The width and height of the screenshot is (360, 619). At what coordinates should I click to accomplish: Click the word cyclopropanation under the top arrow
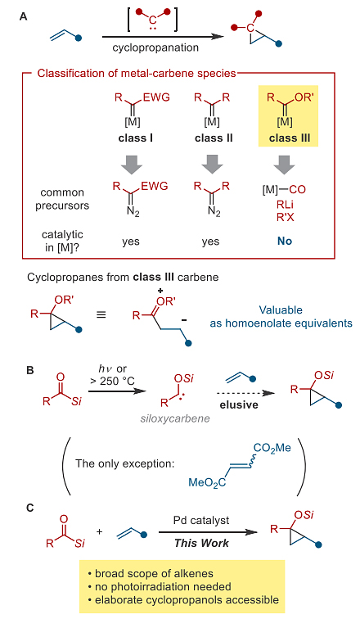point(155,47)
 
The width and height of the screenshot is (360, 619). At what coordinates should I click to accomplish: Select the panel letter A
point(23,17)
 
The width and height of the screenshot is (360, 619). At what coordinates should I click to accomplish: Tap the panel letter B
point(30,371)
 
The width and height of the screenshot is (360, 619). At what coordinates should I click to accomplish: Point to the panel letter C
point(30,508)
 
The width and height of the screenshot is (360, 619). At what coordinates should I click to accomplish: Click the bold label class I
point(136,138)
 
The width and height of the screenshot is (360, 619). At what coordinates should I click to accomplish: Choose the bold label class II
point(214,138)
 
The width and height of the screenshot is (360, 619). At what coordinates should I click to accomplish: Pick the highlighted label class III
point(290,138)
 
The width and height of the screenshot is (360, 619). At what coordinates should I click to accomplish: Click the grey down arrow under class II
point(213,164)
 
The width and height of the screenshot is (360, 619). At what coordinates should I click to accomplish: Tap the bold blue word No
point(285,241)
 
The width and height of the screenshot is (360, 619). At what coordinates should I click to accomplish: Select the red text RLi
point(285,204)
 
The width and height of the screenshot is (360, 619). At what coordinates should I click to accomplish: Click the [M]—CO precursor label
point(284,190)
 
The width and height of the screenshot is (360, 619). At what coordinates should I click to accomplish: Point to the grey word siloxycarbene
point(175,418)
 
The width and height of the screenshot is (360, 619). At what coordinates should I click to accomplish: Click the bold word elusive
point(239,404)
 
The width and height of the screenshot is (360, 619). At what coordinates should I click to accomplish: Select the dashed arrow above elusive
point(245,393)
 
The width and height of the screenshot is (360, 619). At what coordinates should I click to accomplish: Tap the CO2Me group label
point(272,449)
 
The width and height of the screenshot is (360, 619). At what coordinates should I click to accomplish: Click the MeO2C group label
point(207,482)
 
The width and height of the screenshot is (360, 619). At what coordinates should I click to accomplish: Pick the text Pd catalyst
point(201,520)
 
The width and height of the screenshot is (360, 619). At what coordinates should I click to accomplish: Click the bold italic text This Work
point(201,543)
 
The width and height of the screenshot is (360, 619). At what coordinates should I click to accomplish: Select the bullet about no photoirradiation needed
point(160,586)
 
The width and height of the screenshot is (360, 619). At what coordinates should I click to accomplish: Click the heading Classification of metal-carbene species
point(137,74)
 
